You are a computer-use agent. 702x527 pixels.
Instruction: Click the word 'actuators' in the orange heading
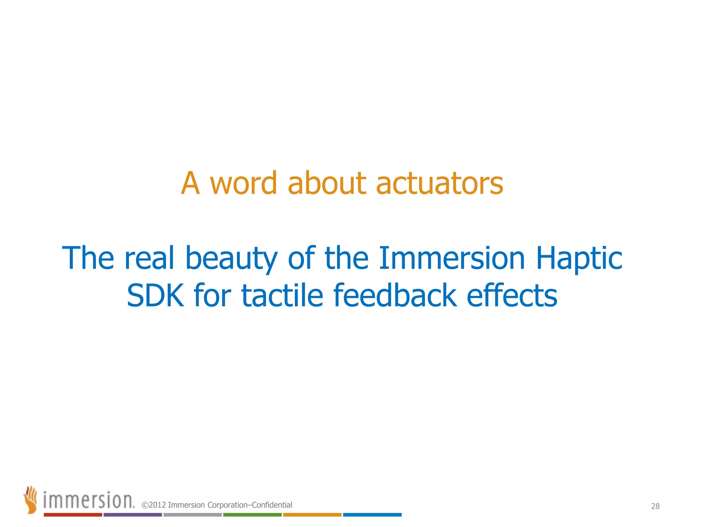(439, 184)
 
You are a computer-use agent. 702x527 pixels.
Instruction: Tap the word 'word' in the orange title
(243, 184)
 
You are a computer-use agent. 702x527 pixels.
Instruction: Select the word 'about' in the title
(327, 184)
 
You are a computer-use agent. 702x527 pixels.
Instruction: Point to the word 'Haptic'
(579, 258)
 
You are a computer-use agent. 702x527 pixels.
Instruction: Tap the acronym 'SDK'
(155, 295)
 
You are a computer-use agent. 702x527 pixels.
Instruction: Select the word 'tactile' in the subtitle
(282, 295)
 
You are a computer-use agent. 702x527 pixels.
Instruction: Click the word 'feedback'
(395, 295)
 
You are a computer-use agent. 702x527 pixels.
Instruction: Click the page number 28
(655, 506)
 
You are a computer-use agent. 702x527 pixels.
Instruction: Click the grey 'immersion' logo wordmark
(88, 500)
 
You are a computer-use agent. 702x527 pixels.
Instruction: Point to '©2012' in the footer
(154, 505)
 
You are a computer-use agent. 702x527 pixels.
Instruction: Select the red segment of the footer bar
(73, 515)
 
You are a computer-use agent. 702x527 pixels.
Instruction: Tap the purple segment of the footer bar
(133, 515)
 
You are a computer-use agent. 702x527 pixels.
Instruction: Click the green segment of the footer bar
(252, 515)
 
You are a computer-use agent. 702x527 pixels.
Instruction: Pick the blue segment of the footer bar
(372, 515)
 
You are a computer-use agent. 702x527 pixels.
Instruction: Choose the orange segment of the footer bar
(312, 515)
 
